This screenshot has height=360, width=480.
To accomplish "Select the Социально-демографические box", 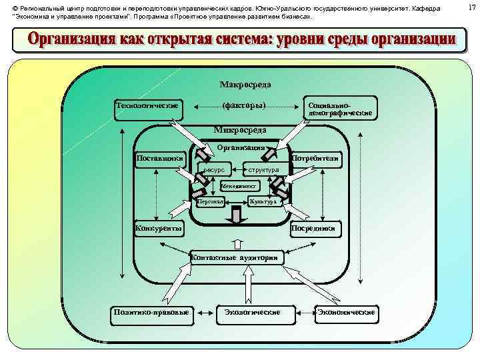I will [x=339, y=109].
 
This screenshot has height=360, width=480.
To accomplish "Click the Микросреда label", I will [x=240, y=130].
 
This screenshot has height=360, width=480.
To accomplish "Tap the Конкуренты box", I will [x=159, y=229].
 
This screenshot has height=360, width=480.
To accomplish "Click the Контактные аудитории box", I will [x=238, y=257].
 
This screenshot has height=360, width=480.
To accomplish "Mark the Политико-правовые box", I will [x=151, y=312].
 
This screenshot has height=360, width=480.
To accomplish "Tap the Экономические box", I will [x=347, y=312].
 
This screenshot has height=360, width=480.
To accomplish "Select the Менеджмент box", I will [x=239, y=185].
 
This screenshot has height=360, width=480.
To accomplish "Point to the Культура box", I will [x=263, y=201].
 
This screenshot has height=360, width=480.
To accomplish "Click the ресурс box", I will [x=214, y=169].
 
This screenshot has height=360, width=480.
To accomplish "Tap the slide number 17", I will [x=470, y=7].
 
